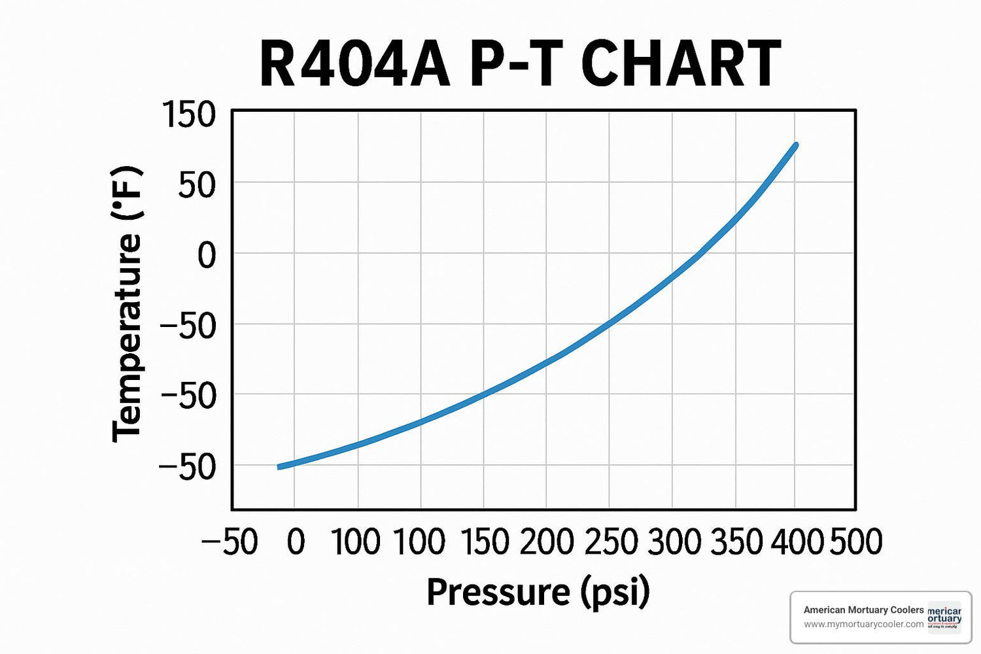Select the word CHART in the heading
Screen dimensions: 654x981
click(x=680, y=64)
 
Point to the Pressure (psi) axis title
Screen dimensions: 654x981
click(x=538, y=592)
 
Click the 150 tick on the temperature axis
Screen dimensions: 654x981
click(x=189, y=115)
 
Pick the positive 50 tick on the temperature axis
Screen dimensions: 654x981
click(x=197, y=185)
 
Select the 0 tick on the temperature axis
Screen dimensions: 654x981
click(x=207, y=255)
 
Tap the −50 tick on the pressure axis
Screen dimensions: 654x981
click(x=230, y=542)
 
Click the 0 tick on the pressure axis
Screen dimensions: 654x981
click(x=296, y=542)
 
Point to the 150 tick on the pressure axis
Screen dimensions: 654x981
click(x=484, y=542)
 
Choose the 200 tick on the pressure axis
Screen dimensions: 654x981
click(x=547, y=542)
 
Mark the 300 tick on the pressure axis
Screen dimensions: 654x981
click(x=674, y=542)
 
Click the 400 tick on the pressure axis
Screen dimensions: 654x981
click(x=797, y=542)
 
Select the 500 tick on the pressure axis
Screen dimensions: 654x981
click(x=856, y=542)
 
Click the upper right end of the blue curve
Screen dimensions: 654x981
click(x=795, y=145)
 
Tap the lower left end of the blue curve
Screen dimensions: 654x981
click(x=280, y=467)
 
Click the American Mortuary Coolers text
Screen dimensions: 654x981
click(x=863, y=610)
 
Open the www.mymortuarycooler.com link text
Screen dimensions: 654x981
click(x=863, y=624)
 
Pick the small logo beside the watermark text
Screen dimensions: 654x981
click(x=945, y=617)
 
